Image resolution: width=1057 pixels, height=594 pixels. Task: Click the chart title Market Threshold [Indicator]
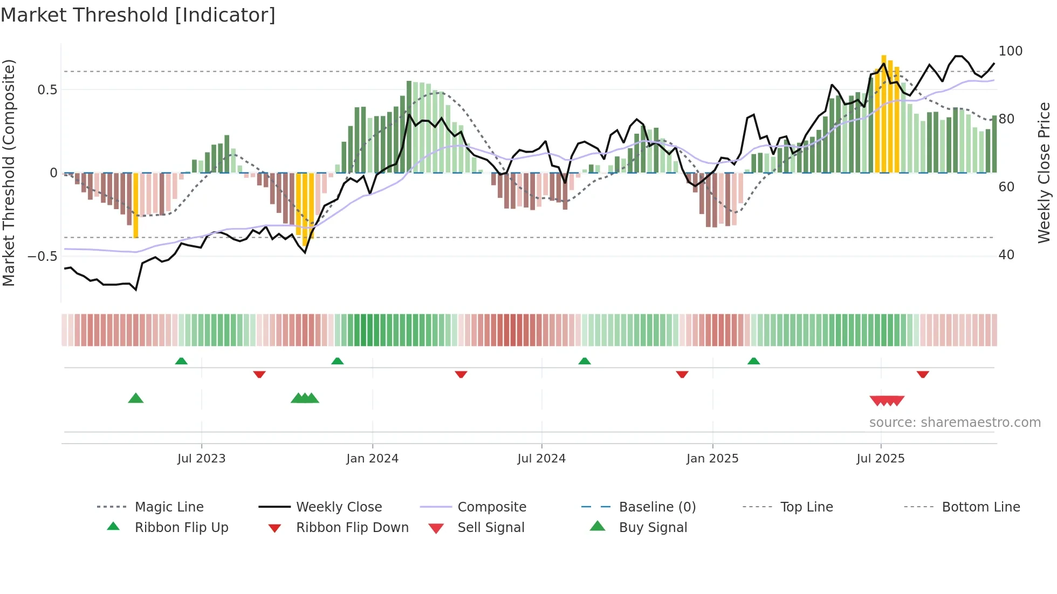point(138,15)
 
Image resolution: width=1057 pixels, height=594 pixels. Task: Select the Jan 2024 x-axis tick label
point(372,459)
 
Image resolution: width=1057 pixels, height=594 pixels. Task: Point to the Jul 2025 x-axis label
point(880,459)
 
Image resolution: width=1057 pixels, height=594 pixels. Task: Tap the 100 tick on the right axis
point(1010,51)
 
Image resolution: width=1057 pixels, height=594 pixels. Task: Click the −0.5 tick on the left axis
point(42,256)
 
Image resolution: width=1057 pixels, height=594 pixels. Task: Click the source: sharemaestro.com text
point(955,423)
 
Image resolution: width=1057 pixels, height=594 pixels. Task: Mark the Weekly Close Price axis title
point(1044,172)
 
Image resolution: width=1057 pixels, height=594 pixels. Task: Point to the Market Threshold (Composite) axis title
point(9,172)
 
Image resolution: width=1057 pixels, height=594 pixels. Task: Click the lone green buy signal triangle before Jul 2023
point(136,398)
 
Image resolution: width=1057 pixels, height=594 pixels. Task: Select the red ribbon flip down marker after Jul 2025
point(923,374)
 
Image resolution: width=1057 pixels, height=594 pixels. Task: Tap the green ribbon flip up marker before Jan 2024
point(338,361)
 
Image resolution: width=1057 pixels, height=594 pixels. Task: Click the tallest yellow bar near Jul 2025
point(884,113)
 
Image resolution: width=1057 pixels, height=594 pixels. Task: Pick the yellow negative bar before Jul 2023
point(136,205)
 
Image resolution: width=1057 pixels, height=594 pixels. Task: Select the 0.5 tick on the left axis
point(47,89)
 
